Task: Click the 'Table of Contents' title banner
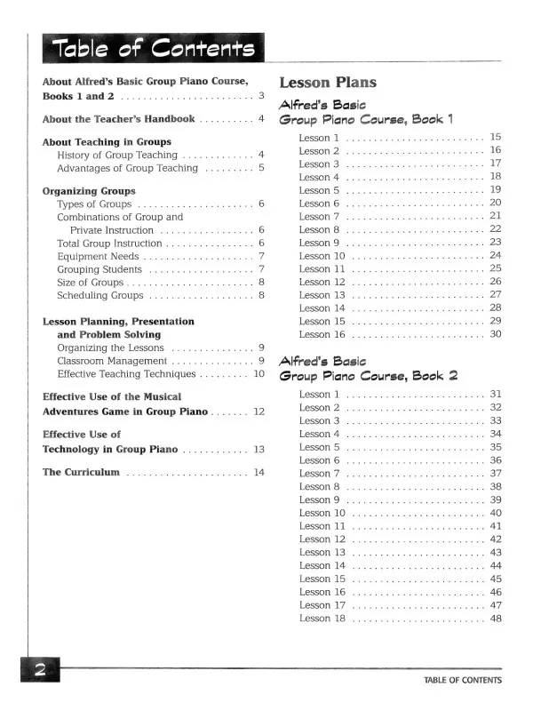153,48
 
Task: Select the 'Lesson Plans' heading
328,83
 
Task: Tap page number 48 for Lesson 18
496,619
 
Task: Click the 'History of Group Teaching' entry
117,155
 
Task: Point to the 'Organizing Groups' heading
89,191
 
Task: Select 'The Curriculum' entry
81,472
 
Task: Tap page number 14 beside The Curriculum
259,472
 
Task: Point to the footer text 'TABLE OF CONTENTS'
462,681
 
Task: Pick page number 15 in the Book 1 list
496,138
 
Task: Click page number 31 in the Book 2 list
496,394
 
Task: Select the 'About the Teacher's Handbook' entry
118,119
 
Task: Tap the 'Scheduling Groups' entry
99,295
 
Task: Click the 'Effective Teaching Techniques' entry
127,374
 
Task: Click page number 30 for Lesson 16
496,334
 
